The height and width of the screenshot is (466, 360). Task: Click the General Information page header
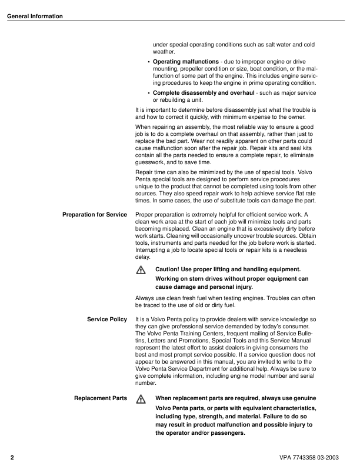coord(35,16)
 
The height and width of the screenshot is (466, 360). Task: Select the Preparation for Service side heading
coord(95,214)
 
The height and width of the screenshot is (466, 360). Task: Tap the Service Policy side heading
coord(107,319)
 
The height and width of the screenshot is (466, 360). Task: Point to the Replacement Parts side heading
coord(101,398)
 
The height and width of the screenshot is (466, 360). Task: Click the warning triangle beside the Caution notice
coord(140,269)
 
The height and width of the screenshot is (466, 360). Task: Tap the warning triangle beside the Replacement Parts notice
coord(140,399)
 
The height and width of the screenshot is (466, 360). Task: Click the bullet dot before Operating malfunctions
coord(148,62)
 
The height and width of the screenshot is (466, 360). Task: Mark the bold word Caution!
coord(169,269)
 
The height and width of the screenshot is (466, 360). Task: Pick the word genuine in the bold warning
coord(302,398)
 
